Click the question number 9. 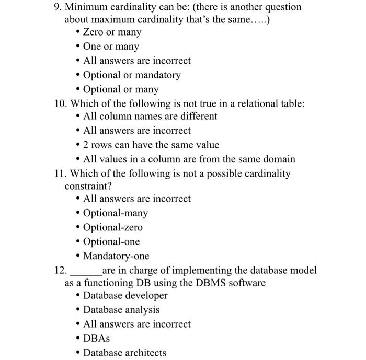(x=58, y=7)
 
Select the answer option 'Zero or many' (x=112, y=32)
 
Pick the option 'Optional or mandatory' (x=132, y=75)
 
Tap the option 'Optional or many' (x=121, y=90)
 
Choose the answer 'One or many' (x=111, y=47)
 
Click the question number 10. (x=61, y=103)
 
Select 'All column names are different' (x=150, y=116)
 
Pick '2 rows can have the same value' (x=151, y=145)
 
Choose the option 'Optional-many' (x=116, y=213)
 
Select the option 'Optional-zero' (x=112, y=228)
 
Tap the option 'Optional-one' (x=111, y=242)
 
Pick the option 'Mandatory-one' (x=116, y=257)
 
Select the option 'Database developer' (x=125, y=296)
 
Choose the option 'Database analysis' (x=121, y=310)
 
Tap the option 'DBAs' (x=96, y=339)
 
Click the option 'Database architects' (x=124, y=353)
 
